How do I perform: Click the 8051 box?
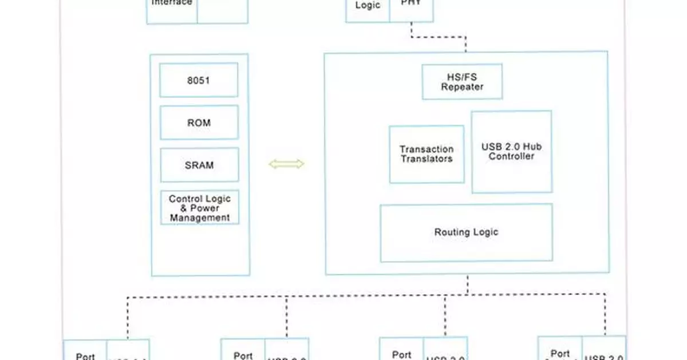point(199,80)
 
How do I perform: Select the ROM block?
point(199,122)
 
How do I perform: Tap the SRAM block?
point(199,165)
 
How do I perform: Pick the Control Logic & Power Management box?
point(199,208)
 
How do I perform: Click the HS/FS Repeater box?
point(462,82)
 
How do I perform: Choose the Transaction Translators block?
point(427,155)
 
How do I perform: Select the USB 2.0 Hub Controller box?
point(511,152)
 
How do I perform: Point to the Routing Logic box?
point(466,232)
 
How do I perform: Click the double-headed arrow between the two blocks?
point(286,164)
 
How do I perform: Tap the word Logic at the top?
point(368,5)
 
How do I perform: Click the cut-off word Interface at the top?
point(172,3)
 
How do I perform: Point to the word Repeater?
point(462,87)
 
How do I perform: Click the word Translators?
point(427,159)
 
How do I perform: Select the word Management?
point(200,217)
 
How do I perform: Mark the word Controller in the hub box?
point(511,156)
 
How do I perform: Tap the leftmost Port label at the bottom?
point(85,355)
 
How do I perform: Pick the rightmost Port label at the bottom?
point(560,354)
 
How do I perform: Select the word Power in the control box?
point(204,208)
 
